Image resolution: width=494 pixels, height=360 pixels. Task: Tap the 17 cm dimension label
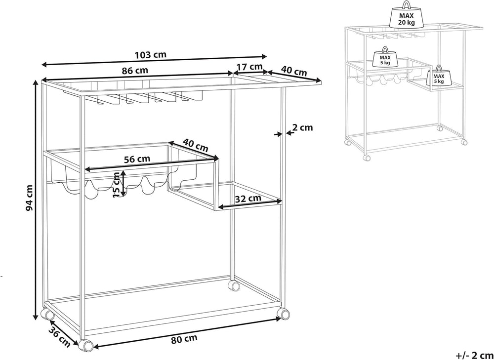pyautogui.click(x=249, y=67)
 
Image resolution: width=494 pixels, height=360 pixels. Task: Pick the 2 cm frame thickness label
pyautogui.click(x=302, y=127)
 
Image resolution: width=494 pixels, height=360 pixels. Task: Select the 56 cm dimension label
pyautogui.click(x=137, y=159)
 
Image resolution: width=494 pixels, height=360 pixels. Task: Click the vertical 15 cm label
pyautogui.click(x=117, y=185)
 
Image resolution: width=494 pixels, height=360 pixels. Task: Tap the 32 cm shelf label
pyautogui.click(x=247, y=198)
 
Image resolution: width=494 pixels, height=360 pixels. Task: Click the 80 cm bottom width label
pyautogui.click(x=185, y=339)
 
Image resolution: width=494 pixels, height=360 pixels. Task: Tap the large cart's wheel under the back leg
pyautogui.click(x=234, y=286)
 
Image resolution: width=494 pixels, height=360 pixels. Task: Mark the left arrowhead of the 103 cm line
pyautogui.click(x=44, y=65)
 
